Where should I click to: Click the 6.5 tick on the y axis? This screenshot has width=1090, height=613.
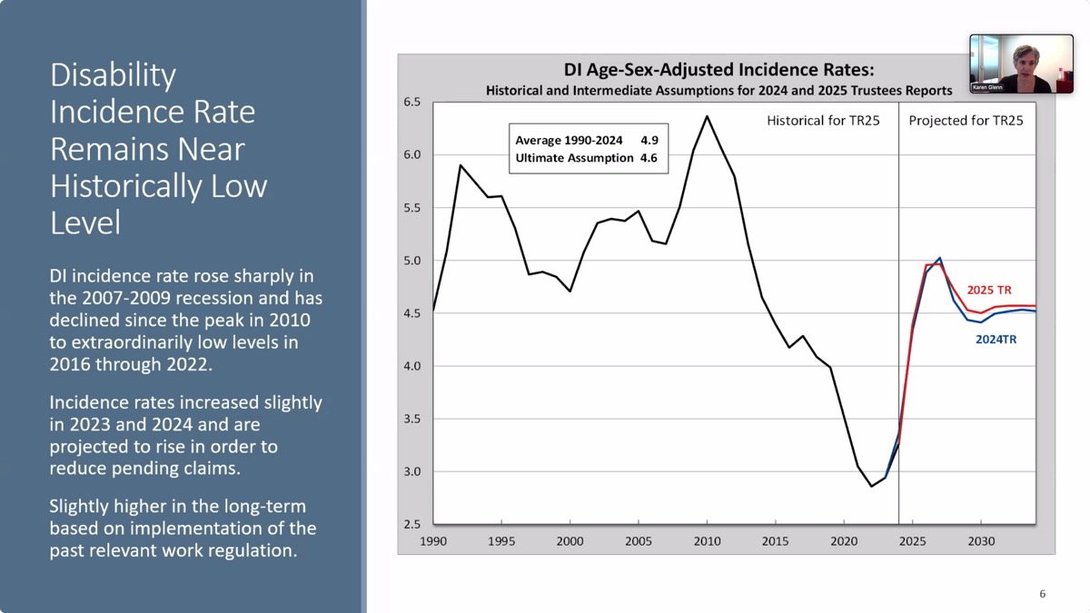coord(412,102)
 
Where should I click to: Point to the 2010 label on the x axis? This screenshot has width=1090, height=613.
coord(707,541)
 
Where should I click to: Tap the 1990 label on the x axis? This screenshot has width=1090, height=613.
coord(433,541)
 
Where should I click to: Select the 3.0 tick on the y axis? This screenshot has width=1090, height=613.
coord(412,471)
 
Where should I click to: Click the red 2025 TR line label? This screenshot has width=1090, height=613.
coord(989,291)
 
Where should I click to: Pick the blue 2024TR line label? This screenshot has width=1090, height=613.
coord(996,340)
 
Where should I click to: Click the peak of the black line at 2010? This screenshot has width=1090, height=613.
coord(707,116)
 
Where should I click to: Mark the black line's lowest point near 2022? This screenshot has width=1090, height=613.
coord(871,486)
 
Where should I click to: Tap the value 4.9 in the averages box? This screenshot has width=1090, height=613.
coord(649,141)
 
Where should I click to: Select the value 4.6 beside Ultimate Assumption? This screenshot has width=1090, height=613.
coord(649,158)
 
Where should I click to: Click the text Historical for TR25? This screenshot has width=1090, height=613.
coord(823,121)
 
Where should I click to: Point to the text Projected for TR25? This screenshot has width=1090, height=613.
coord(966,121)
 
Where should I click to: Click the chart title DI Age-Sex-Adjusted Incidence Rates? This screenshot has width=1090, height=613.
coord(718,70)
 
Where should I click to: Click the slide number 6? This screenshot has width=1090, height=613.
coord(1042,594)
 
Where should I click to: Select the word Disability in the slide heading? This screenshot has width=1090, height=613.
coord(113,74)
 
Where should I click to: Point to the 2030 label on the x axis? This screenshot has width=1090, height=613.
coord(980,541)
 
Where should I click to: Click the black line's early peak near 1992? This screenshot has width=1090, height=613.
coord(461,165)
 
